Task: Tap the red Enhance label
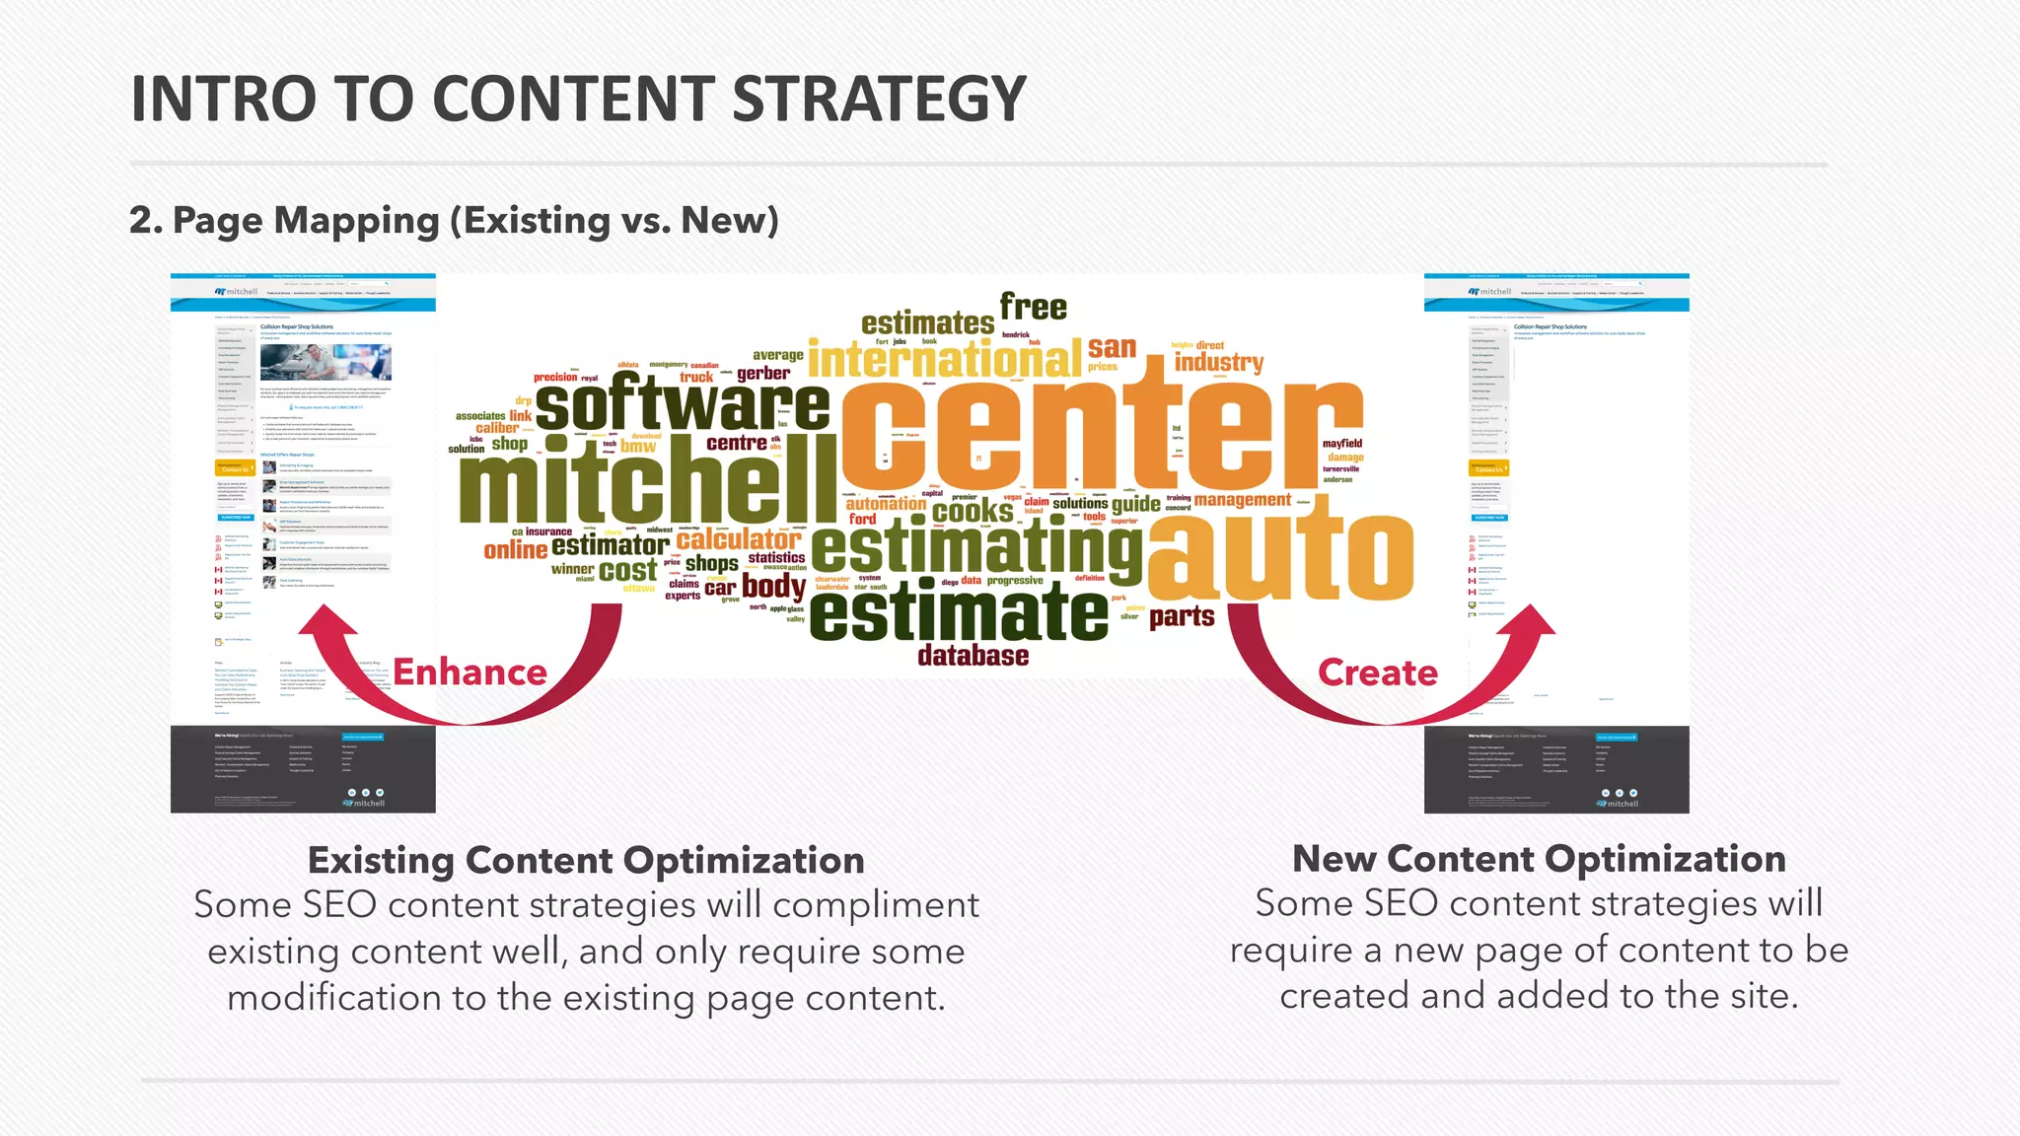coord(470,673)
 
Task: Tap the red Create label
coord(1378,673)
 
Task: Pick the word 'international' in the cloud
coord(944,359)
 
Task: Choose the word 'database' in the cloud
coord(973,656)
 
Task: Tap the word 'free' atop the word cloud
coord(1033,307)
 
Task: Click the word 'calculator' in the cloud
coord(739,539)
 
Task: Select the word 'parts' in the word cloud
coord(1181,617)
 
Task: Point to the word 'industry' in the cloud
coord(1218,363)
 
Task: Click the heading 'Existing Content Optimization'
coord(586,860)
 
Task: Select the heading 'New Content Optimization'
coord(1539,859)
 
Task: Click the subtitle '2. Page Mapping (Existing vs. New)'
coord(454,221)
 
